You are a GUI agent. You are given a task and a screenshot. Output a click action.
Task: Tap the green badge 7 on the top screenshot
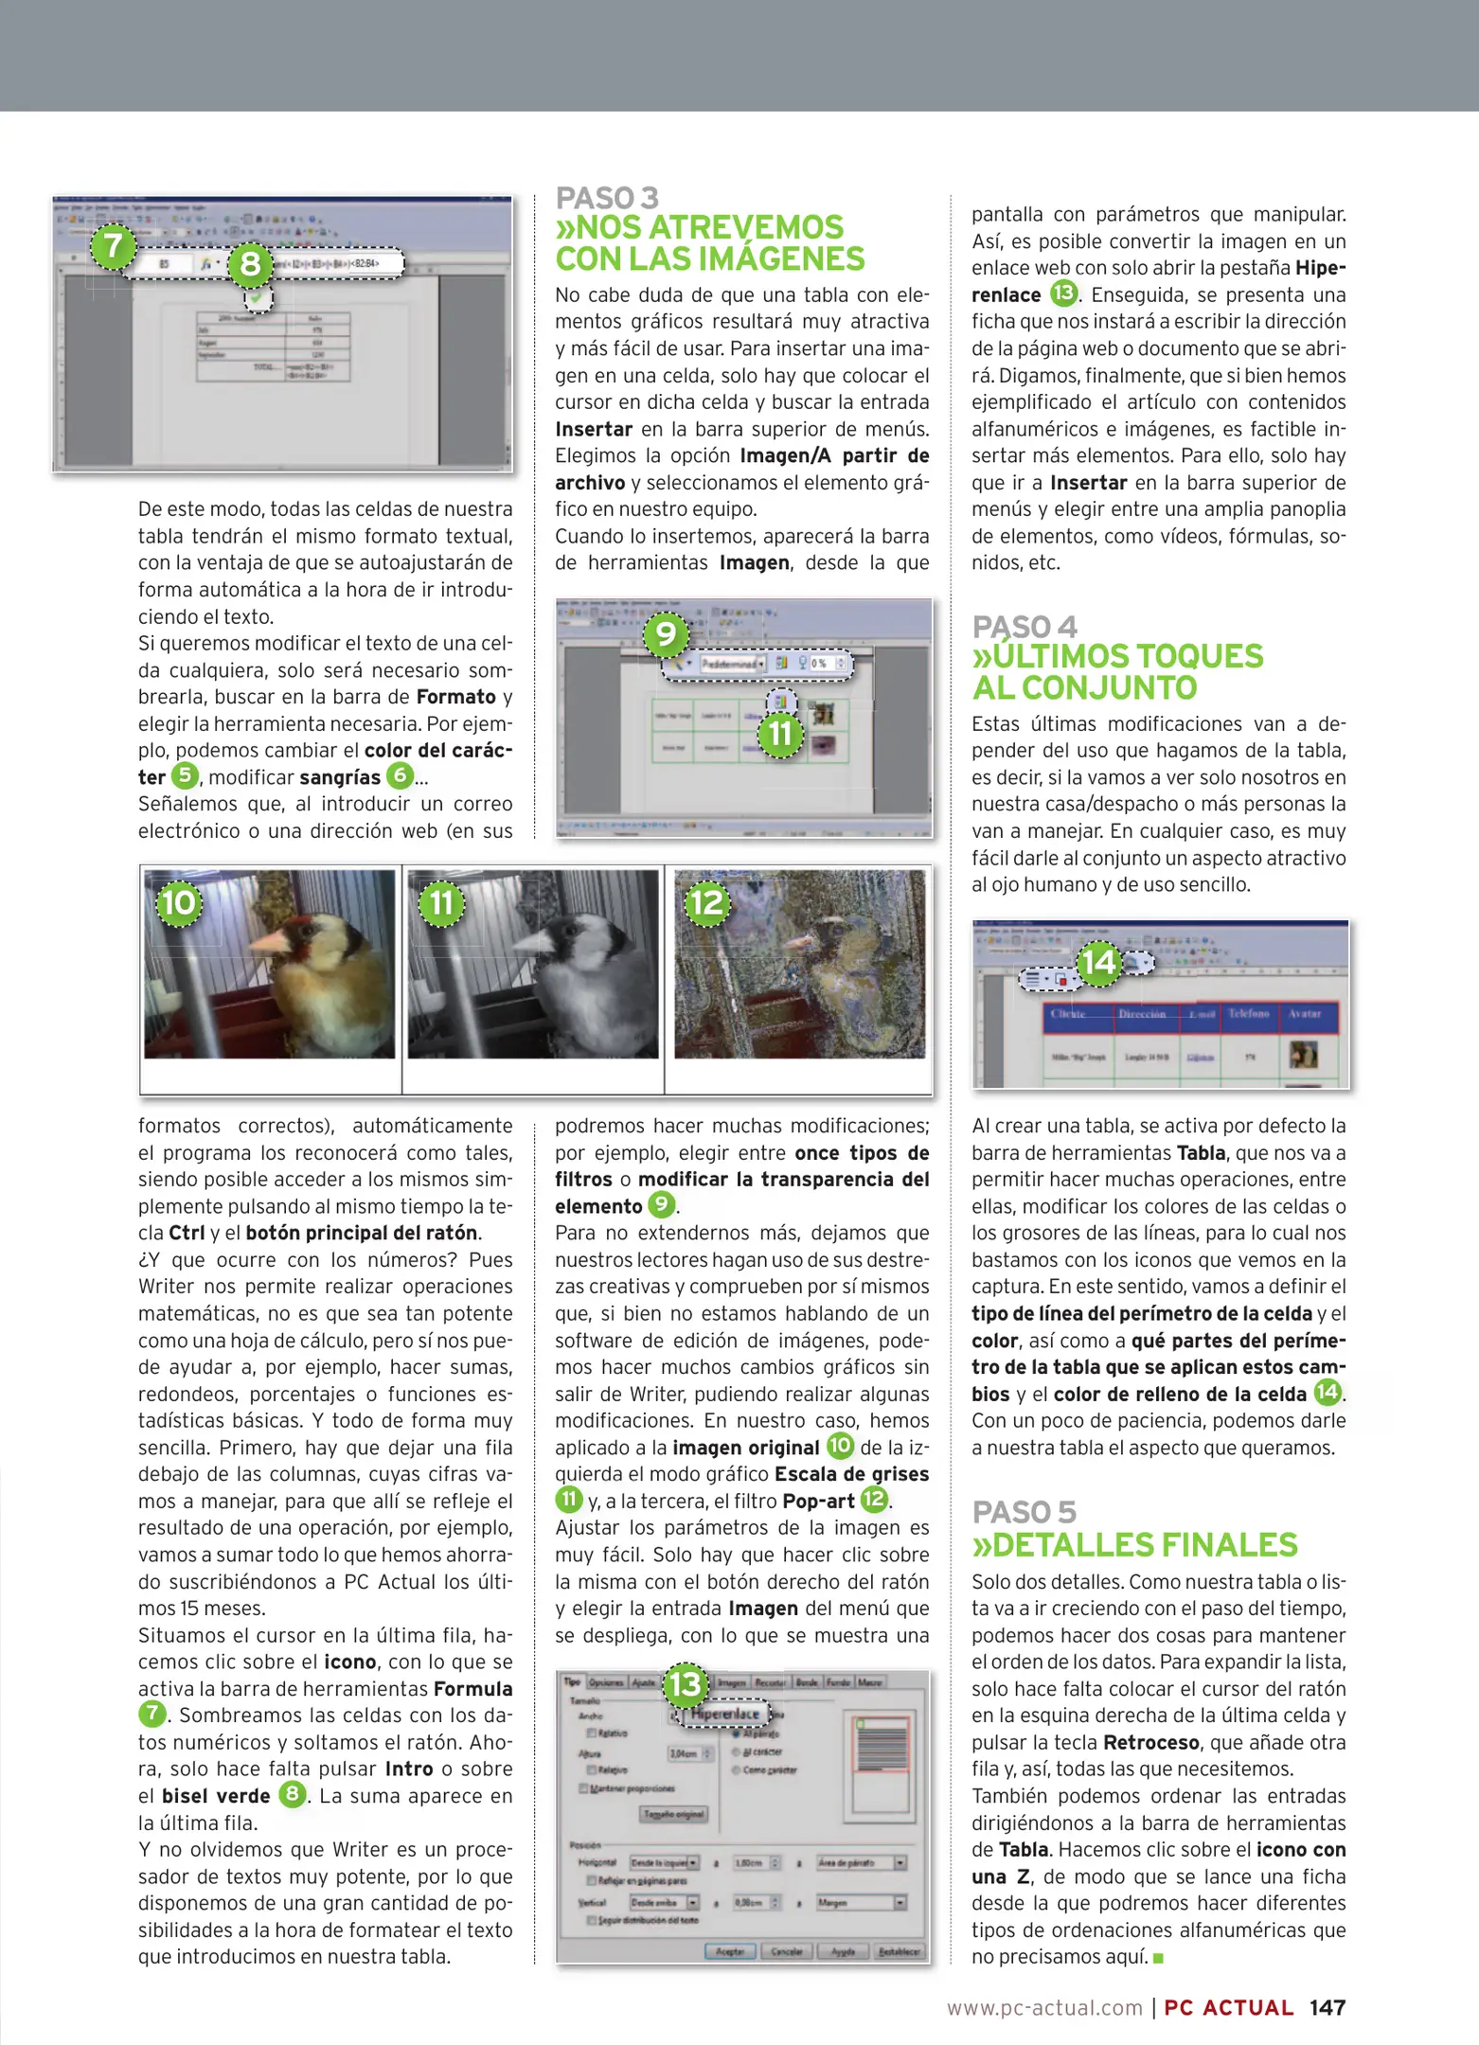(x=114, y=245)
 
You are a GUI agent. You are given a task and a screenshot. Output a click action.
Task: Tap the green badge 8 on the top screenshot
(x=250, y=262)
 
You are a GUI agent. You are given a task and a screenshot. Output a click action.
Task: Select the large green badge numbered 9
(x=666, y=633)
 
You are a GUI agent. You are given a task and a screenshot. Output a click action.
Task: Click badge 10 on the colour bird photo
(x=179, y=902)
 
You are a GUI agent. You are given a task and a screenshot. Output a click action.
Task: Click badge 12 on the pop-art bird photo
(x=707, y=902)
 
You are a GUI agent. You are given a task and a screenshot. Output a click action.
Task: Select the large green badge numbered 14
(x=1098, y=963)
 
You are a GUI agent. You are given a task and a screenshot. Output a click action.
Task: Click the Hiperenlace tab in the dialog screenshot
(x=724, y=1714)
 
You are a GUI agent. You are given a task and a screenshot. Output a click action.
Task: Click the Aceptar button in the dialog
(x=729, y=1951)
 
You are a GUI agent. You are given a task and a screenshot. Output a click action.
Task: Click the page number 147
(x=1327, y=2007)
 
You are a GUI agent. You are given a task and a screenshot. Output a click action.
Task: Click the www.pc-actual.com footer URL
(x=1044, y=2008)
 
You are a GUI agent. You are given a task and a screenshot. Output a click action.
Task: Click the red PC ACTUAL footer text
(x=1228, y=2007)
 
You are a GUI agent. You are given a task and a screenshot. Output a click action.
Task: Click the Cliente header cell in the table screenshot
(x=1069, y=1014)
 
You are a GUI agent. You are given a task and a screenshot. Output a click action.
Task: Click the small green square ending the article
(x=1158, y=1957)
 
